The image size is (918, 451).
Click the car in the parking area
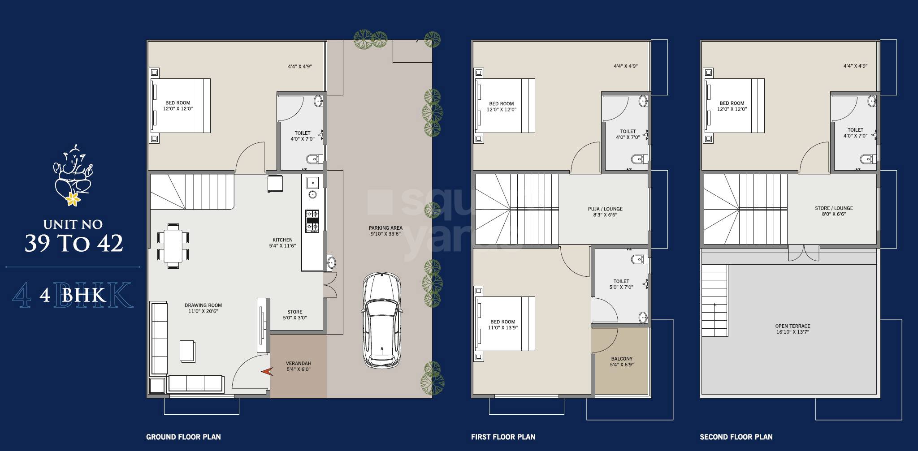click(381, 320)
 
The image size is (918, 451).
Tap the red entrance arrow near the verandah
click(268, 371)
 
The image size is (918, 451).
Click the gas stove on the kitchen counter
click(312, 221)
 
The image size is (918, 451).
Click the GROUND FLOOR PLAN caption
click(183, 437)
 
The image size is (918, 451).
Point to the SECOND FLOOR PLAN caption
click(736, 437)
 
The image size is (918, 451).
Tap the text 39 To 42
click(74, 243)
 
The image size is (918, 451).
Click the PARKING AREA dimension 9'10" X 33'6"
click(385, 234)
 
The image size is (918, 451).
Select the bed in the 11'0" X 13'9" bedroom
click(505, 323)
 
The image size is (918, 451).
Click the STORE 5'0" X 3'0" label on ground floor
click(294, 314)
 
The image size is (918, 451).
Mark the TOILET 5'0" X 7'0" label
click(621, 284)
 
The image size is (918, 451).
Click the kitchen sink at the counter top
click(312, 182)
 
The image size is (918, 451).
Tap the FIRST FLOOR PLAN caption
click(503, 437)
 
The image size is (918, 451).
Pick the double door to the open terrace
click(804, 253)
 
